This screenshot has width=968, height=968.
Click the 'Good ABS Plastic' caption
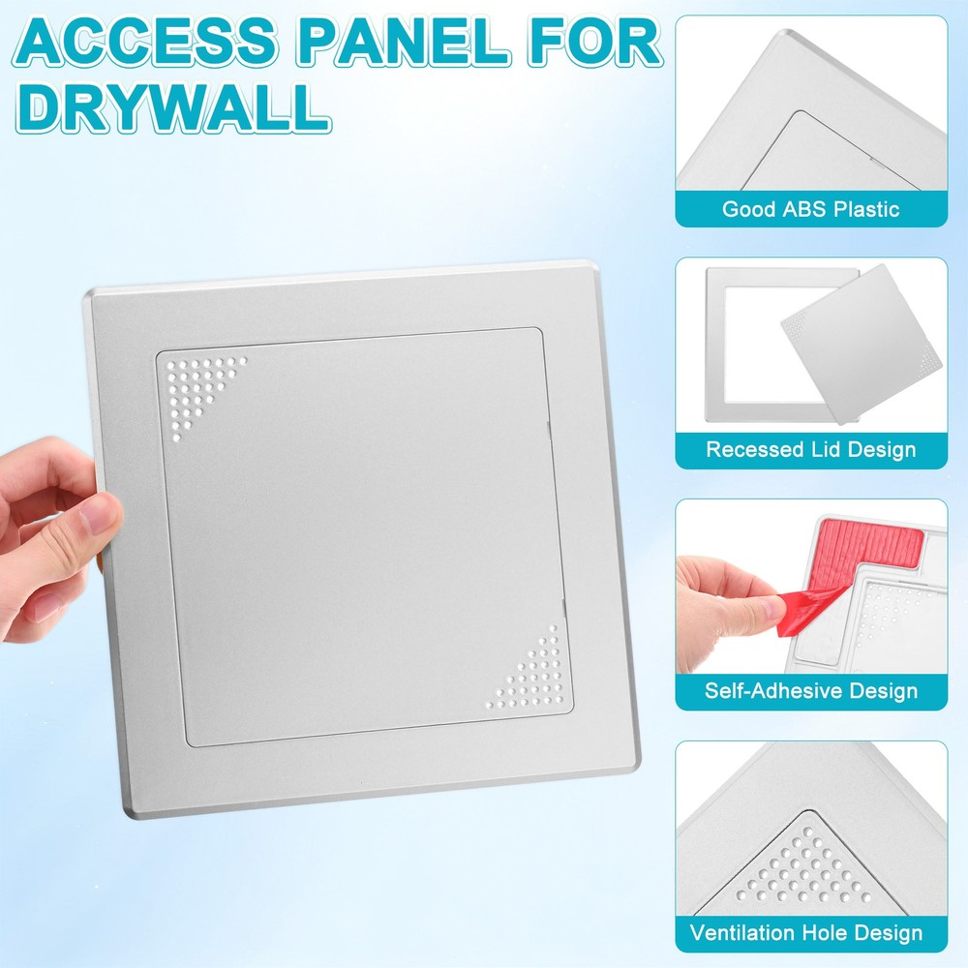click(810, 209)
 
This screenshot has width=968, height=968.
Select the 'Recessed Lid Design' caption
click(810, 450)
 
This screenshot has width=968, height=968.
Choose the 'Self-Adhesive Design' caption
click(810, 691)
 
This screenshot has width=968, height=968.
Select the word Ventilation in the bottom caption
click(743, 933)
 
